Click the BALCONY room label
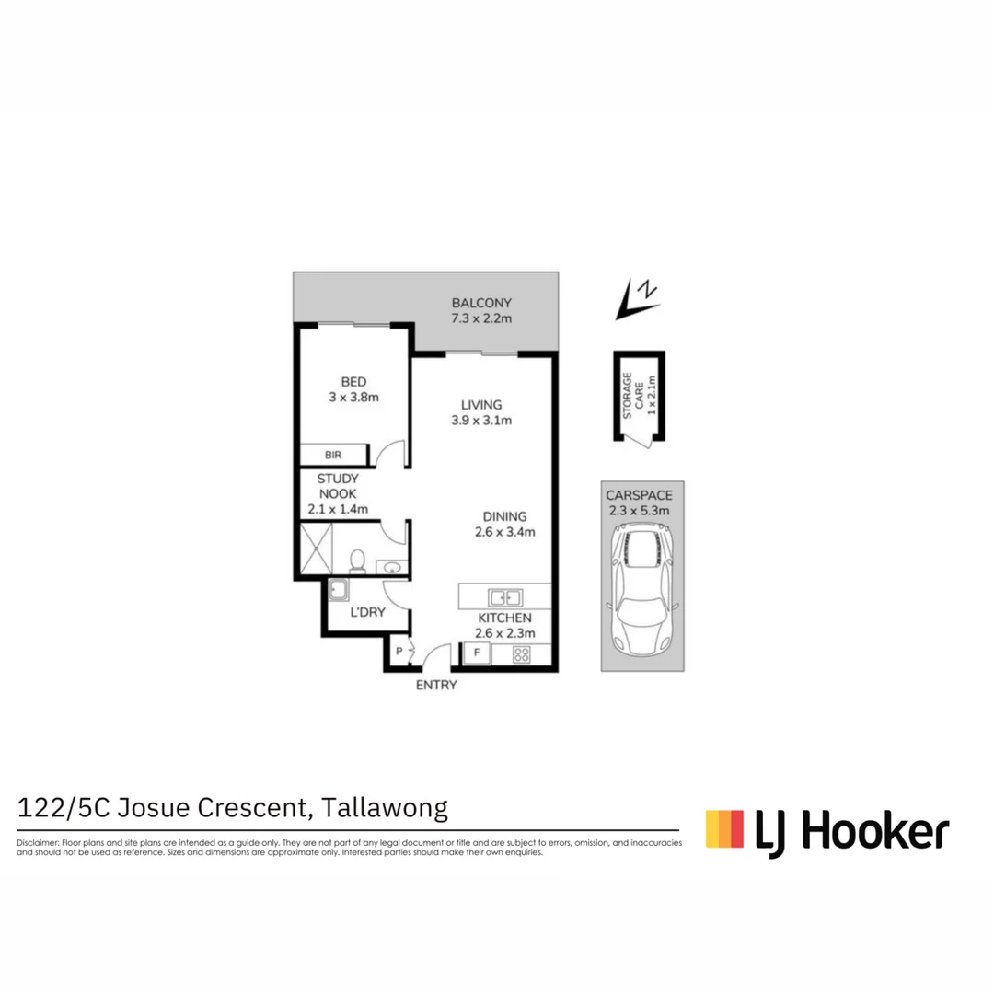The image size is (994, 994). click(480, 303)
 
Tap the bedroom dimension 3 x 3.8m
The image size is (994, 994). click(354, 398)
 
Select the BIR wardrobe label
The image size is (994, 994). click(332, 456)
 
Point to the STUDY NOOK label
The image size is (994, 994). click(337, 486)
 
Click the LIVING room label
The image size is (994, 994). click(481, 405)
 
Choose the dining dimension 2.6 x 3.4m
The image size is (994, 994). click(503, 532)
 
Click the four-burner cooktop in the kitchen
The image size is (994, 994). click(521, 655)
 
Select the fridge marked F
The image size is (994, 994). click(476, 654)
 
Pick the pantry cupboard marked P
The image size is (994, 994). click(399, 651)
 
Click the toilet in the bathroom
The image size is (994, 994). click(357, 561)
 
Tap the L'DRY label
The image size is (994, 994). click(367, 611)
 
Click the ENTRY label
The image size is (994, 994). click(436, 685)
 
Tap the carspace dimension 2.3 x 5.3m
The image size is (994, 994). click(643, 510)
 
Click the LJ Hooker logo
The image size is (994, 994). click(826, 830)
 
